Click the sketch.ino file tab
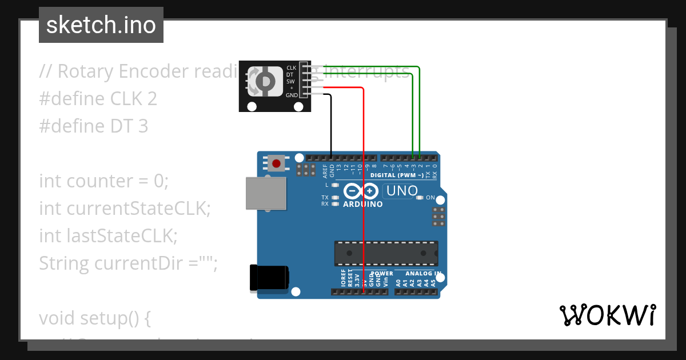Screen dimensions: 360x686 (x=101, y=25)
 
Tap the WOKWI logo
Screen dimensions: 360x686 (x=607, y=315)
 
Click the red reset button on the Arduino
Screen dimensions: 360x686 (x=277, y=164)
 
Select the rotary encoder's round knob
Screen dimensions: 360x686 (x=265, y=82)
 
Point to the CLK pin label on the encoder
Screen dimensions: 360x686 (x=291, y=68)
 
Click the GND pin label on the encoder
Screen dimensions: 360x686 (x=291, y=95)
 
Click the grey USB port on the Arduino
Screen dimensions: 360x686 (x=266, y=193)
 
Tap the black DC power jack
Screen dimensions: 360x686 (x=269, y=278)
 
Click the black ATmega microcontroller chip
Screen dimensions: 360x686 (x=386, y=253)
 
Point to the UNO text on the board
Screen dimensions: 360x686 (x=402, y=191)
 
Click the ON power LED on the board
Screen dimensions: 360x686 (x=420, y=198)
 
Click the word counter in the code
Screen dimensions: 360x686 (x=100, y=181)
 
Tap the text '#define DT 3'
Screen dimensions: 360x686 (x=94, y=126)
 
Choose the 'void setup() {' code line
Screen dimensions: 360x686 (x=95, y=318)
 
